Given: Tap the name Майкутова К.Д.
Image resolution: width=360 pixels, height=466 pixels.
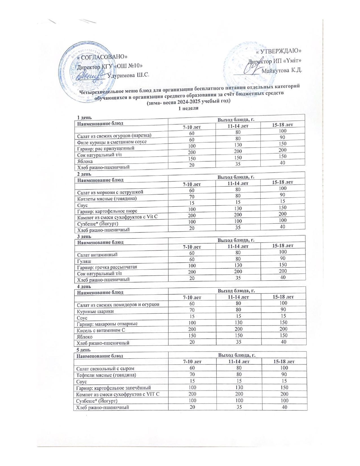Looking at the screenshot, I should (x=281, y=70).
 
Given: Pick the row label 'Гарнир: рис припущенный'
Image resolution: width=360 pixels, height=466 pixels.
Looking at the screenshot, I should (x=106, y=148).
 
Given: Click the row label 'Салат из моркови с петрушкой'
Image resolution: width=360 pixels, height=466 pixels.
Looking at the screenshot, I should (x=110, y=192).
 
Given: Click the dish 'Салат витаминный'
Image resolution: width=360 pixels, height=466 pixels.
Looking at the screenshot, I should (x=97, y=254).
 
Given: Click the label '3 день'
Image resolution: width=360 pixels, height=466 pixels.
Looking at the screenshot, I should (x=84, y=236).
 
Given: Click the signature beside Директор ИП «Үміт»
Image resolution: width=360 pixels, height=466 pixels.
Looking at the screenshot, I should (x=251, y=67).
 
